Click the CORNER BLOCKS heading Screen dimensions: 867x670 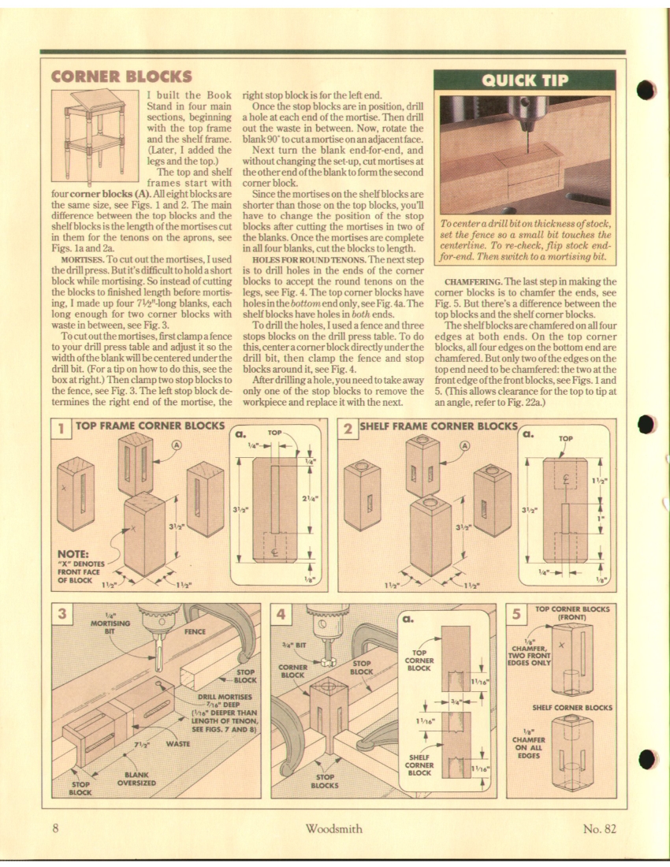(121, 76)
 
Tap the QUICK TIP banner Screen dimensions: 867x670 (524, 80)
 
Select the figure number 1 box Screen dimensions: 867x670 (60, 428)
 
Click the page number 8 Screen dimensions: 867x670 (56, 827)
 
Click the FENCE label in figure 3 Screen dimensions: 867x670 (194, 631)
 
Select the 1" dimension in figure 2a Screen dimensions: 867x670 (600, 518)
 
